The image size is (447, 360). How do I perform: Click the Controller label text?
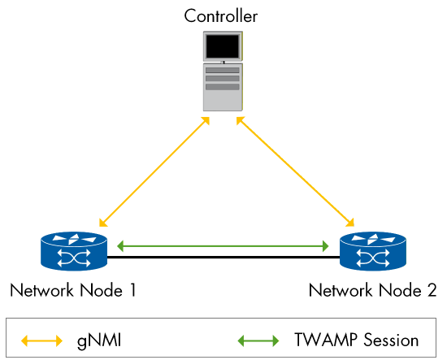click(x=222, y=15)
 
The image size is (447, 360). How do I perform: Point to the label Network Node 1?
click(x=72, y=290)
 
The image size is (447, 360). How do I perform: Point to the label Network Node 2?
click(x=373, y=290)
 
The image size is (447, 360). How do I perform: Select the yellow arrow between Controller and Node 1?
click(x=153, y=171)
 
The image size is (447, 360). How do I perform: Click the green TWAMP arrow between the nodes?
click(x=222, y=244)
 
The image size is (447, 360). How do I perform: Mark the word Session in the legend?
click(x=390, y=340)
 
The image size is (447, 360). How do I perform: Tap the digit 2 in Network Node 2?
click(x=432, y=290)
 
